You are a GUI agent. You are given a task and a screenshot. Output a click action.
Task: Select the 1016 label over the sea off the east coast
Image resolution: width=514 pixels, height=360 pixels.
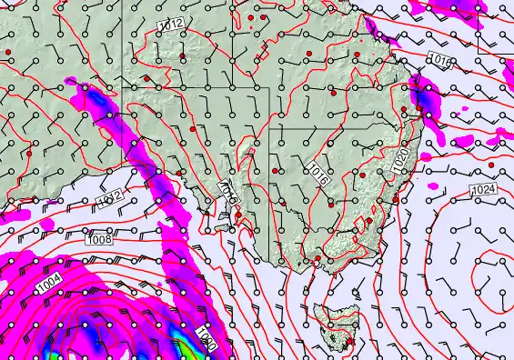coord(440,60)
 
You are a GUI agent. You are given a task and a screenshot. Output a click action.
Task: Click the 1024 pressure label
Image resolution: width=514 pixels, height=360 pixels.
coord(483,190)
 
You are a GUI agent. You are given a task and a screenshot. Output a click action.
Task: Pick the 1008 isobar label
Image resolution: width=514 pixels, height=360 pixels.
coord(100,240)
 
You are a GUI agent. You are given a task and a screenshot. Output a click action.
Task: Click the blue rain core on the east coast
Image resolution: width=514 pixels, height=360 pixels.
coord(420,94)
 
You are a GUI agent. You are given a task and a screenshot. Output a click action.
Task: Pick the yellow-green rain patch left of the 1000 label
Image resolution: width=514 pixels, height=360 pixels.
coord(185,345)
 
